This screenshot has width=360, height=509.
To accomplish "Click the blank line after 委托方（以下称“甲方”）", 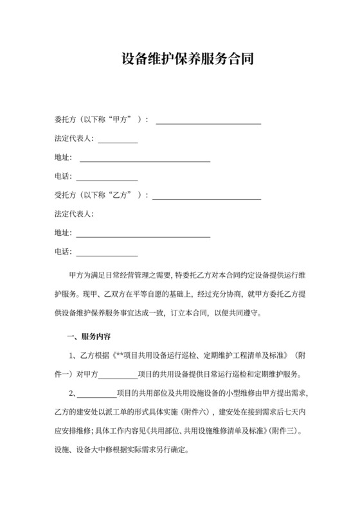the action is coord(208,123).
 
